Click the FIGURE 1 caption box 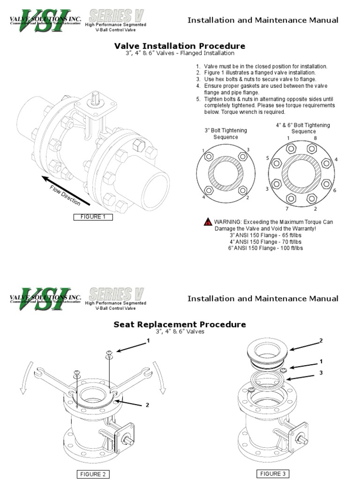(x=92, y=217)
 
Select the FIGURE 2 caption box (x=93, y=474)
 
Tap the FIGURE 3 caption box (x=272, y=473)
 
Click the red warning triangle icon (x=208, y=222)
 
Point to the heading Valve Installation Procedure (x=180, y=46)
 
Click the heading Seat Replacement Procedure (x=180, y=324)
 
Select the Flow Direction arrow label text (x=65, y=195)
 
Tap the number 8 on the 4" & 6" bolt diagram (x=315, y=138)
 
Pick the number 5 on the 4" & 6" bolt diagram (x=268, y=158)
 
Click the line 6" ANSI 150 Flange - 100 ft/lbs (x=266, y=248)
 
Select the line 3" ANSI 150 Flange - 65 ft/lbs (x=266, y=235)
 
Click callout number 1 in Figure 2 (x=148, y=341)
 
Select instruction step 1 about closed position (x=265, y=67)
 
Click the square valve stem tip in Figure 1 (x=96, y=98)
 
